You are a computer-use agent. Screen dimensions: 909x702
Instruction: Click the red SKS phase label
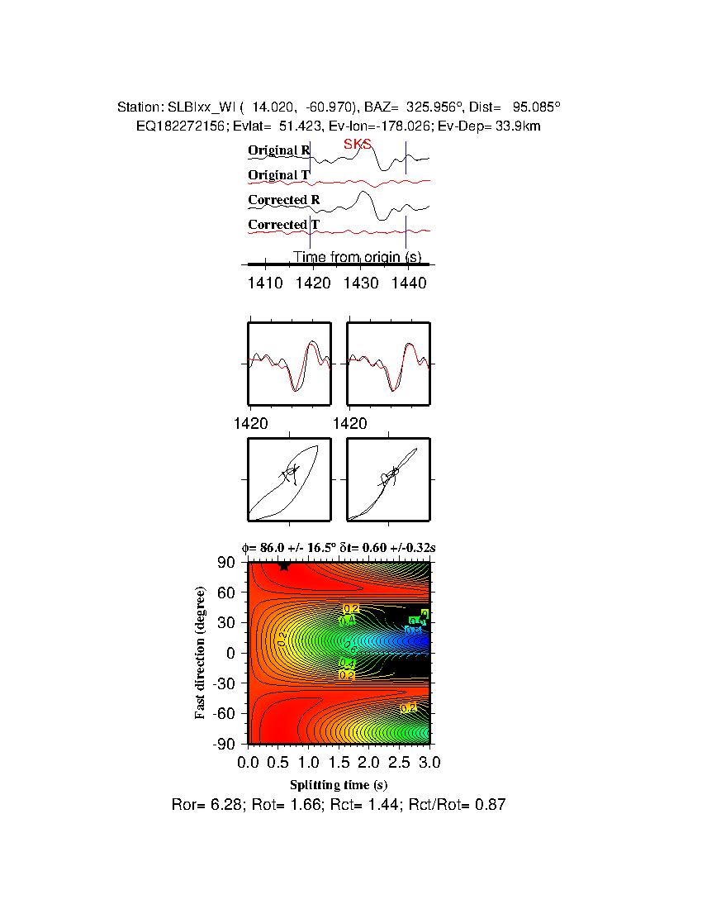(x=358, y=144)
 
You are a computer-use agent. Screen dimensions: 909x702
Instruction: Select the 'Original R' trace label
(x=279, y=150)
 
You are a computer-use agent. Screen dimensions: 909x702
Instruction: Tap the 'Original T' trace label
(x=278, y=175)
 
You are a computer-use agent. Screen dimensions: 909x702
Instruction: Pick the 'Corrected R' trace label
(x=284, y=200)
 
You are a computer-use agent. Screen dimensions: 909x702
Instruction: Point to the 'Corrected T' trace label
(x=283, y=225)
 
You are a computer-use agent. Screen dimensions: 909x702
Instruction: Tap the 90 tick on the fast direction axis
(x=229, y=563)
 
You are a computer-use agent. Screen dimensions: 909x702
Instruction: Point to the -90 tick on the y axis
(x=225, y=744)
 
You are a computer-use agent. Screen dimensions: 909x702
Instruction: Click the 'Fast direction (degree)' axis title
(x=201, y=653)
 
